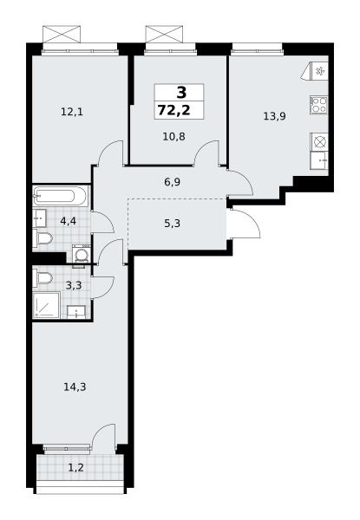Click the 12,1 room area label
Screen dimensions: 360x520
(72, 112)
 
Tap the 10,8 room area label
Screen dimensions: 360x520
(173, 136)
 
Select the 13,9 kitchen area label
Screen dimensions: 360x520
(274, 116)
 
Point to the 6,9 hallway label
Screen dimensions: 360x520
(173, 182)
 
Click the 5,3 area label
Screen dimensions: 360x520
(173, 224)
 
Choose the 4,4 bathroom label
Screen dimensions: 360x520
(68, 221)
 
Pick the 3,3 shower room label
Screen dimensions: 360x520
(74, 285)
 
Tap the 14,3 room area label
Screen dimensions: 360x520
(75, 387)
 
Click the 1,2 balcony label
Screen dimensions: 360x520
(75, 468)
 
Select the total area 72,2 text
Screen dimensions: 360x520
(174, 110)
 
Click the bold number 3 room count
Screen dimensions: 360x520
(181, 93)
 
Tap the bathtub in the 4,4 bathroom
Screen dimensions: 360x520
(61, 196)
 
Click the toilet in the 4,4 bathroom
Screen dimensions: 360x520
(43, 238)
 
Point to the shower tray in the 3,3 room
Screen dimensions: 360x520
(46, 305)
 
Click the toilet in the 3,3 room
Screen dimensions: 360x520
(43, 277)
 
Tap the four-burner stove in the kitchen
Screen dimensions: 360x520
(319, 105)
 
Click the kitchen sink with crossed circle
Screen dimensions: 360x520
(319, 142)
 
